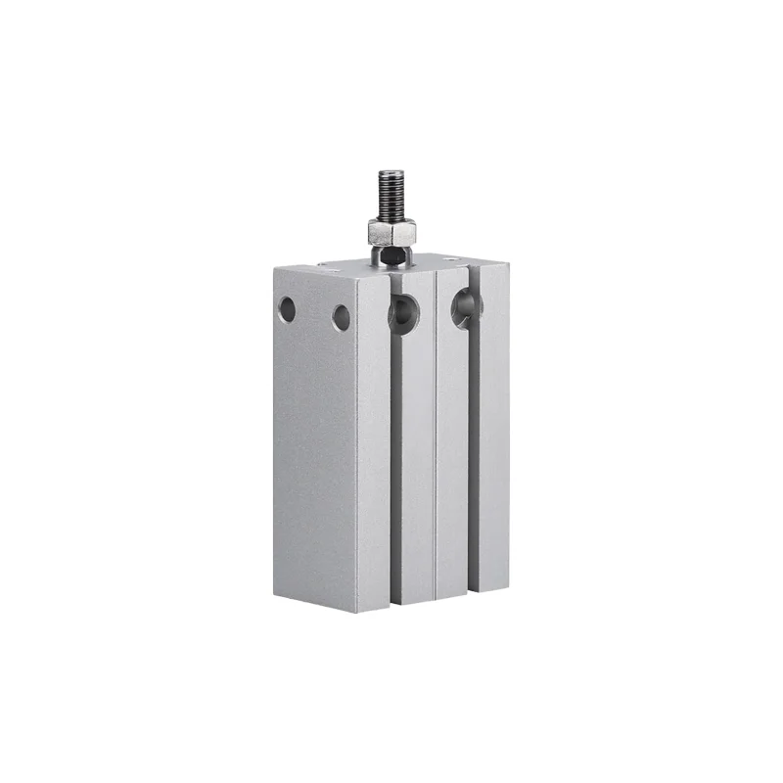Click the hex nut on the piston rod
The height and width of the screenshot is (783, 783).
[391, 232]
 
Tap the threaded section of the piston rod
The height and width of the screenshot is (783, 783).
[391, 196]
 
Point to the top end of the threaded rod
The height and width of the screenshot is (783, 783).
[391, 172]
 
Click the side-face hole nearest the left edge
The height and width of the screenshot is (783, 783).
[287, 309]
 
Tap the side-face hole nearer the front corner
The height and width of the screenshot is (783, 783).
[341, 318]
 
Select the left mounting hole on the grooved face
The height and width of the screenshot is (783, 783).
[401, 313]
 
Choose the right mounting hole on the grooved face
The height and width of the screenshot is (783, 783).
[465, 309]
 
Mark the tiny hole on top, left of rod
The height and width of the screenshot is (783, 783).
[323, 263]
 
